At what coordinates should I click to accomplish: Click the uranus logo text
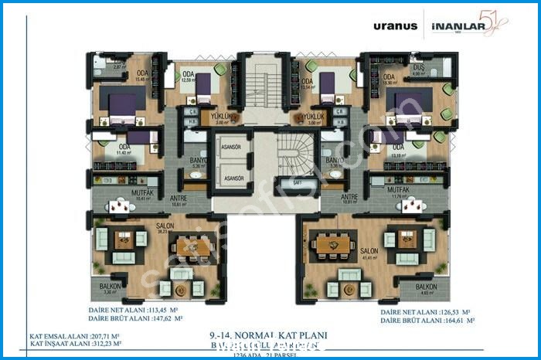(x=395, y=25)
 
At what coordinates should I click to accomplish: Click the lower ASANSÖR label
(x=233, y=178)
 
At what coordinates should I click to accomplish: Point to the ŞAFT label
(x=298, y=182)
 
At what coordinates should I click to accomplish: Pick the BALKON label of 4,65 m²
(x=425, y=286)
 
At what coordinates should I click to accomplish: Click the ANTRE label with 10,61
(x=179, y=198)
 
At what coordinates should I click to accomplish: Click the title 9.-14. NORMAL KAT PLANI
(x=268, y=336)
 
